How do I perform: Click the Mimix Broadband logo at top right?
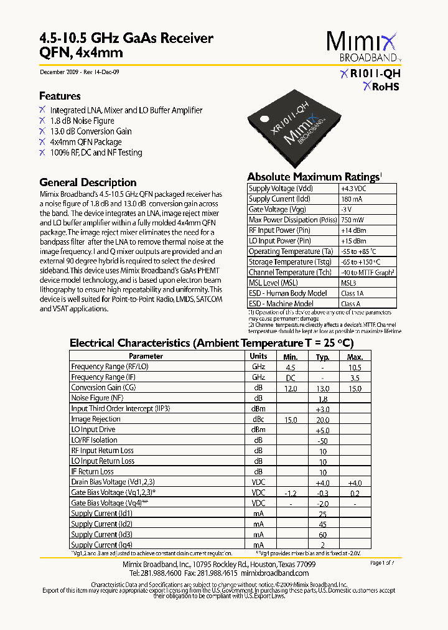pos(364,47)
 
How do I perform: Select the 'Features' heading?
pos(60,96)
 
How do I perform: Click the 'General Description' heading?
pos(88,182)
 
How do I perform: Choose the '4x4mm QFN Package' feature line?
pos(86,142)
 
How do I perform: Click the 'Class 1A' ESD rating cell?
pos(353,293)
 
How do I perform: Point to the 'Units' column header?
pos(258,356)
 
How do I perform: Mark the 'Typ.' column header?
pos(322,357)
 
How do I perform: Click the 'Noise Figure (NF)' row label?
pos(97,398)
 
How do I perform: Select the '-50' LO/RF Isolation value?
pos(322,440)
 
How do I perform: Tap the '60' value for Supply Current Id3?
pos(322,535)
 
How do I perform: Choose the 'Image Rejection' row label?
pos(96,419)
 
